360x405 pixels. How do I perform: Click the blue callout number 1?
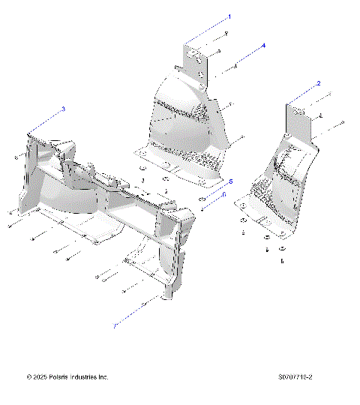pos(229,16)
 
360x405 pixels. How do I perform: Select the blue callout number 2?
pos(319,83)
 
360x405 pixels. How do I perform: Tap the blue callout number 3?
pos(63,109)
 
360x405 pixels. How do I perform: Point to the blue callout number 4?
pos(264,46)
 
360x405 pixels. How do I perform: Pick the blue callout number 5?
pos(231,181)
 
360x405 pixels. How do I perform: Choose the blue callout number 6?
pos(223,193)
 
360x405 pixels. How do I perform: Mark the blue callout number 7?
pos(115,326)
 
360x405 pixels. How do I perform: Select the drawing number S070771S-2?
pos(294,376)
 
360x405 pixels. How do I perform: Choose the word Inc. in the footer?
pos(103,376)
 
